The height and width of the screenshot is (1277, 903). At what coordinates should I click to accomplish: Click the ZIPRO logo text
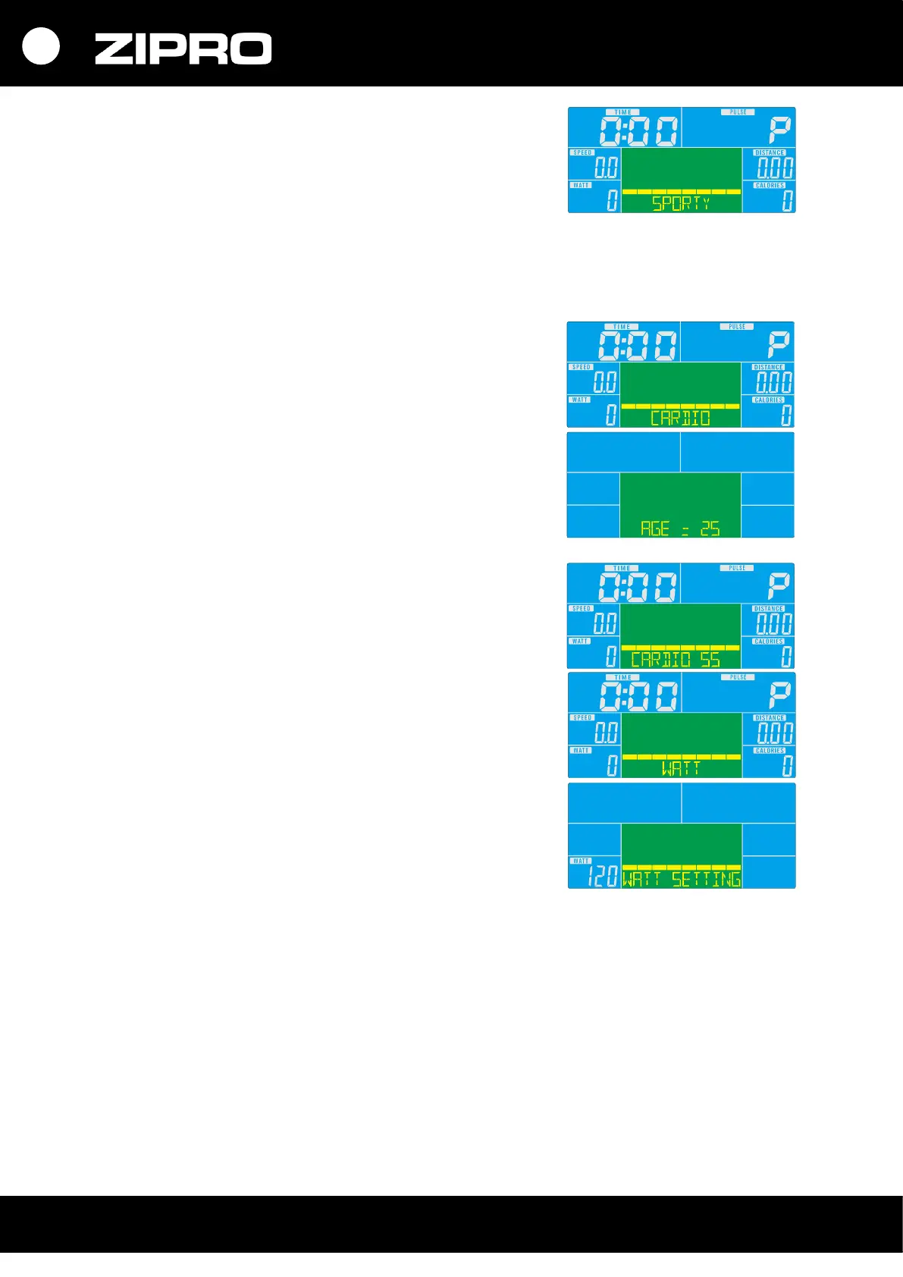[183, 49]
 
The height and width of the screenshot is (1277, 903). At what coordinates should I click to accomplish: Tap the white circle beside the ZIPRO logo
[41, 46]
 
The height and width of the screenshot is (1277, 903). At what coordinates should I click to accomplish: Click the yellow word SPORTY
[681, 203]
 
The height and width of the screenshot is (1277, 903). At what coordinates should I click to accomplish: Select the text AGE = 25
[680, 529]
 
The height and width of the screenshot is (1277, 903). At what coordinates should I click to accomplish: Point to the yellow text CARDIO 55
[675, 659]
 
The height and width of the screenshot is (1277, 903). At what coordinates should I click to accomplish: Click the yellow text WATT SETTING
[681, 879]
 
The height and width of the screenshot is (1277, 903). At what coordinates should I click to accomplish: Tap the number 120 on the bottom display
[603, 877]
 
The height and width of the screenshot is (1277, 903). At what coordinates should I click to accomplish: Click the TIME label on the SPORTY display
[623, 112]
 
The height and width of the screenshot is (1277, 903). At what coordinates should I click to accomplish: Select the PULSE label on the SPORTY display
[738, 112]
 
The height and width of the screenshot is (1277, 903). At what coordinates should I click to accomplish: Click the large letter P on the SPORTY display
[779, 130]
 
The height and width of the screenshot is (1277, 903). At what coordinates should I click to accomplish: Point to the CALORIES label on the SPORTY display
[770, 185]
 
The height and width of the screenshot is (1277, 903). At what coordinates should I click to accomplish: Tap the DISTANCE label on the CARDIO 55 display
[768, 608]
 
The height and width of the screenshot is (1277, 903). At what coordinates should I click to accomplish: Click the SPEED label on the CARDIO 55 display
[582, 608]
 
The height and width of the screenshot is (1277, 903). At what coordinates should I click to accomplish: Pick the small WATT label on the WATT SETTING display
[582, 861]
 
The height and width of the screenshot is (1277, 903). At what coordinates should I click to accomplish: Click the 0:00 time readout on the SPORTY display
[638, 131]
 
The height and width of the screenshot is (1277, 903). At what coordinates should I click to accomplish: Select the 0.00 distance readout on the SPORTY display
[775, 168]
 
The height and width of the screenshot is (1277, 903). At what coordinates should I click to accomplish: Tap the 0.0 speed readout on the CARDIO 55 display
[604, 624]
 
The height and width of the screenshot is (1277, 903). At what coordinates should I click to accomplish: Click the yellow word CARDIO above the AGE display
[680, 418]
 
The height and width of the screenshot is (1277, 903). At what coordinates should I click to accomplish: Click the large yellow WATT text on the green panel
[681, 768]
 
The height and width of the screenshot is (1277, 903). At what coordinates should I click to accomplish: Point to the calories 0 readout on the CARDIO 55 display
[786, 657]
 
